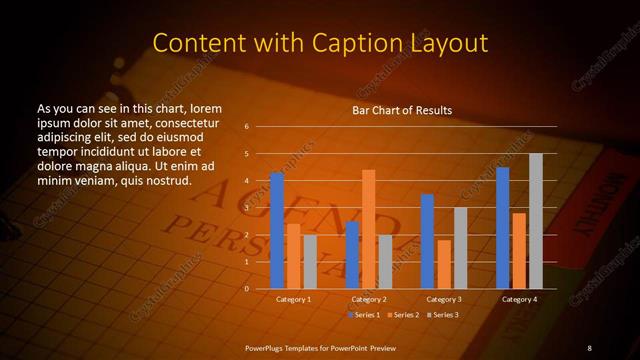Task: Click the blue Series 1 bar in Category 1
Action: [277, 230]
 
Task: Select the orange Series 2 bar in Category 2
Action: [368, 229]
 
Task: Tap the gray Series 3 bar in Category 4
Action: [535, 221]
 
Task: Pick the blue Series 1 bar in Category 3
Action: [427, 241]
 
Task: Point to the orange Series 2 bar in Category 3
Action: [443, 264]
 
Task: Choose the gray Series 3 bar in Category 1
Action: [309, 261]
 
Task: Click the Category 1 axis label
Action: [293, 299]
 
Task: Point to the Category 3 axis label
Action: [444, 299]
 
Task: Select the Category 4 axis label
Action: [519, 299]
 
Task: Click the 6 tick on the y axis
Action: [246, 127]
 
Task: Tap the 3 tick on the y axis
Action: [246, 208]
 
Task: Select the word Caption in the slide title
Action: [357, 43]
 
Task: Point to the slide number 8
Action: [589, 347]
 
